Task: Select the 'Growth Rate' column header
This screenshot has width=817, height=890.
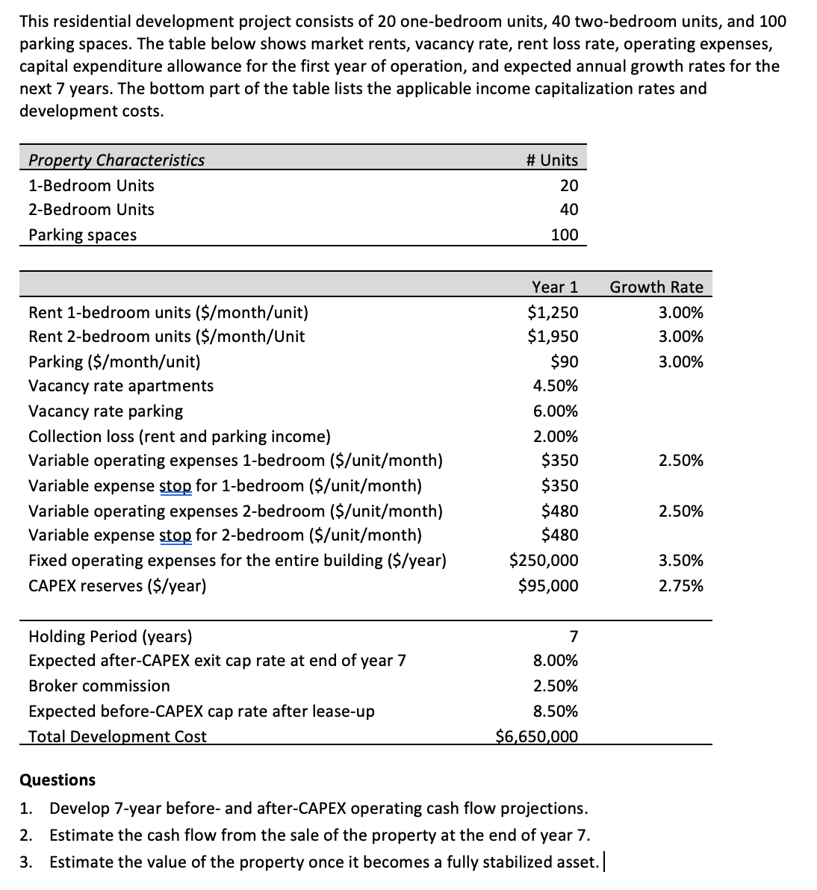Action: tap(656, 287)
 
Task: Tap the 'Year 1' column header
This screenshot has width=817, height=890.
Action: tap(555, 287)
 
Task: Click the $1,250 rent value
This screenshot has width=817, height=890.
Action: tap(553, 312)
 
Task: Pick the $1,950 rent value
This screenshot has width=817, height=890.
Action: tap(553, 337)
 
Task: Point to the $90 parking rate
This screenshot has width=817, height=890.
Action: tap(564, 362)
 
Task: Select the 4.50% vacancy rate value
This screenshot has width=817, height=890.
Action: tap(555, 386)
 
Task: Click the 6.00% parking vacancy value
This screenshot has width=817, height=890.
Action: tap(555, 411)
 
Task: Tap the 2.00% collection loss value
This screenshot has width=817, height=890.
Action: tap(555, 436)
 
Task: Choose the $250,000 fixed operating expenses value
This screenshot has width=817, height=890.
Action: tap(543, 560)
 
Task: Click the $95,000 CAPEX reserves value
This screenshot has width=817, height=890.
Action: tap(548, 585)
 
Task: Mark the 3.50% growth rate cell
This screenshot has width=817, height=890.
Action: tap(680, 560)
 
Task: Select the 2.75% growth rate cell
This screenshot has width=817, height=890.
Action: tap(680, 585)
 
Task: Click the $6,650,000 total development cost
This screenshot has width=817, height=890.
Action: tap(537, 737)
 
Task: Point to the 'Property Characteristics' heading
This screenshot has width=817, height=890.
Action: tap(117, 160)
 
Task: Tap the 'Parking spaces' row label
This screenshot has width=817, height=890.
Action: tap(82, 235)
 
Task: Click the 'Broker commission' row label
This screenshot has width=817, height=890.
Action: tap(99, 685)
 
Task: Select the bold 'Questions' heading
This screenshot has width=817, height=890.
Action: tap(58, 779)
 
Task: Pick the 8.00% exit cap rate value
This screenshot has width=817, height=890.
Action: tap(555, 661)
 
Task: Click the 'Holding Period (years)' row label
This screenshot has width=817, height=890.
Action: tap(110, 636)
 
